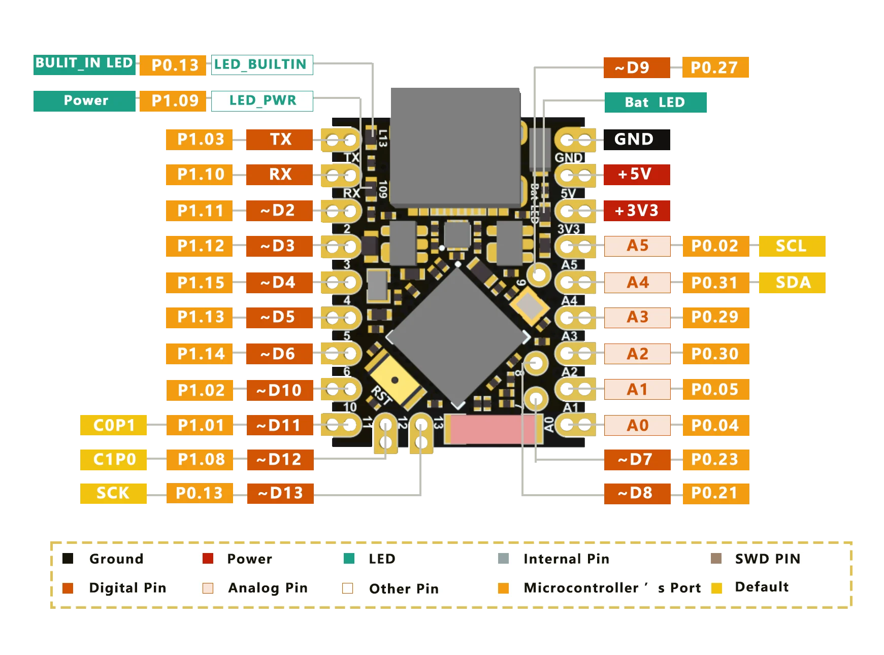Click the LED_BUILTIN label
(262, 65)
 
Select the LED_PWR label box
(262, 101)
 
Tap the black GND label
(637, 140)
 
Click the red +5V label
(637, 175)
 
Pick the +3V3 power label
(637, 211)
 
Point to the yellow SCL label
(792, 246)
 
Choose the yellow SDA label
(792, 283)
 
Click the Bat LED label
(656, 102)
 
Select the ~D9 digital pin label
(637, 67)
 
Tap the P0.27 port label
(715, 67)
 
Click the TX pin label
(279, 140)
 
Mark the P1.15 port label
(199, 283)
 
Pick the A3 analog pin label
(637, 317)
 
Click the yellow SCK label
(113, 493)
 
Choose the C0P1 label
(113, 425)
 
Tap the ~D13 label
(280, 493)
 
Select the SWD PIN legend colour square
(716, 559)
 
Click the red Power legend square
(208, 559)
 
